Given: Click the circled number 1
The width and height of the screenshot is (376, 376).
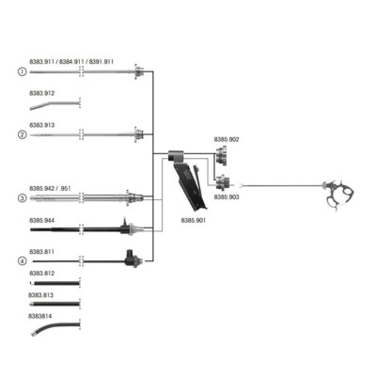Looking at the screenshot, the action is click(x=22, y=71).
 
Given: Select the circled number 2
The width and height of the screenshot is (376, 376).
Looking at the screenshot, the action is click(x=22, y=134).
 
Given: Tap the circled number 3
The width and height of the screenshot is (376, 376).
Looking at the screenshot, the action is click(x=22, y=198).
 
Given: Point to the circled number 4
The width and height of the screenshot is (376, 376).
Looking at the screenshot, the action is click(x=22, y=261).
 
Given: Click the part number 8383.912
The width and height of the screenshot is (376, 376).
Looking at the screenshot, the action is click(x=42, y=93).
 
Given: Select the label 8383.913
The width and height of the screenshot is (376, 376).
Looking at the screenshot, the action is click(x=42, y=125).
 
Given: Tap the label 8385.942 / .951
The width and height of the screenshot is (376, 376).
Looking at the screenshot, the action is click(x=50, y=188).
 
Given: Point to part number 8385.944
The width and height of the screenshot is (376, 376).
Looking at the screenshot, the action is click(x=42, y=220).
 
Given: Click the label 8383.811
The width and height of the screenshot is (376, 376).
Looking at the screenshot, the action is click(x=42, y=252).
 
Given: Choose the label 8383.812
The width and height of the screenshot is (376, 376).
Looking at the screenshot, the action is click(x=42, y=274).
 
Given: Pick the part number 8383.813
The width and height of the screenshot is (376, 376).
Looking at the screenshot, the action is click(x=40, y=295).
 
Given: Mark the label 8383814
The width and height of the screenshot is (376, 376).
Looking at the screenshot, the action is click(x=40, y=316).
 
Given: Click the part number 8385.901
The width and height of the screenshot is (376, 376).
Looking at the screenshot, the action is click(x=194, y=220).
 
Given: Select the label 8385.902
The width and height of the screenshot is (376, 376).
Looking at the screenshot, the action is click(x=227, y=139).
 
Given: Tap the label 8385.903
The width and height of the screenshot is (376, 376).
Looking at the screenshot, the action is click(x=227, y=196).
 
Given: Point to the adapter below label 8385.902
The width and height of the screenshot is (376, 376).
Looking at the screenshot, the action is click(x=222, y=156).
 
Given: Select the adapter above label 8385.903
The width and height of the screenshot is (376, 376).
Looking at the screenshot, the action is click(x=223, y=182).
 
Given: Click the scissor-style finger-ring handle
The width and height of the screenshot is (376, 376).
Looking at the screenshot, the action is click(x=339, y=195).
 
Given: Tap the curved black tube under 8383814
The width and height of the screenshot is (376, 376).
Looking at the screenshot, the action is click(x=55, y=327).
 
